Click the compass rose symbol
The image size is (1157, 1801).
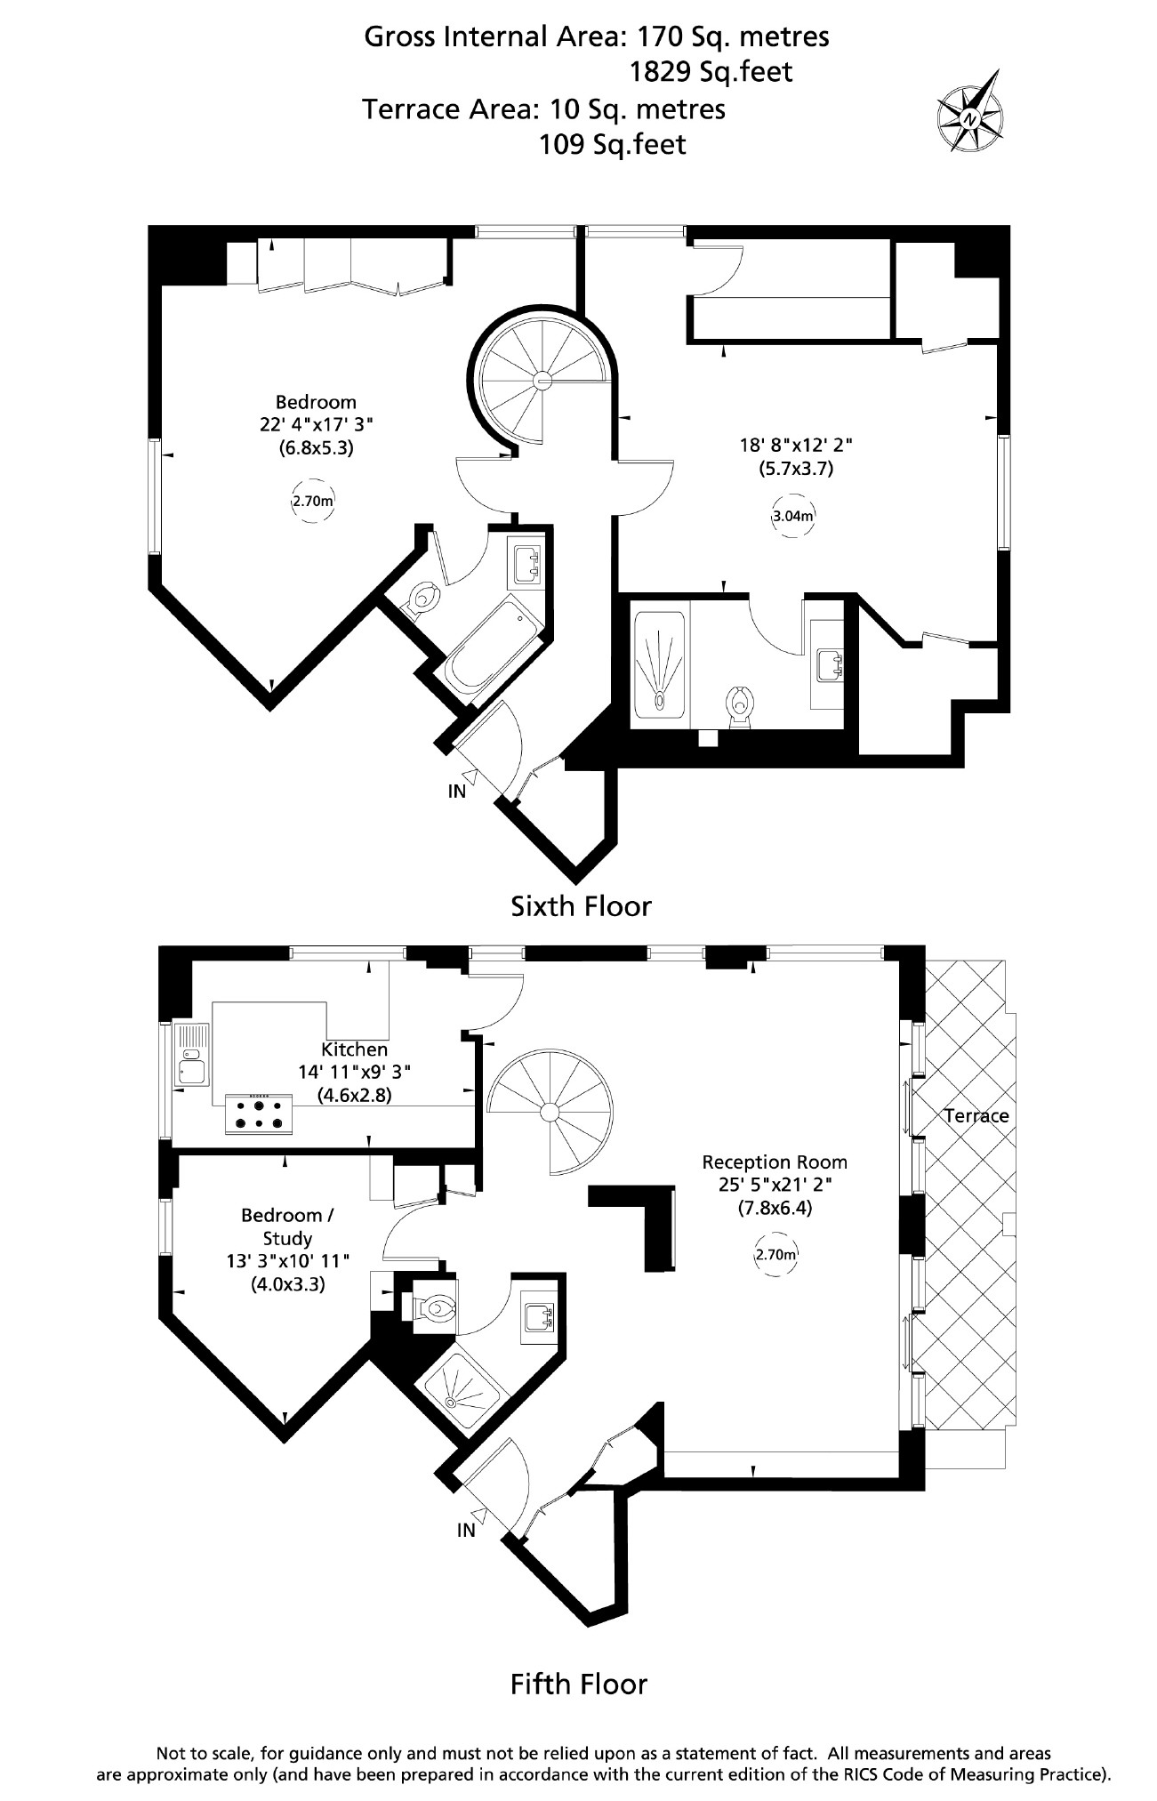point(970,117)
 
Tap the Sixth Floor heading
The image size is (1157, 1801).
point(581,906)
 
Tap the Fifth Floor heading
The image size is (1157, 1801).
point(578,1684)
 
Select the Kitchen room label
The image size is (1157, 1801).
point(355,1049)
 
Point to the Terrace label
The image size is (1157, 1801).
point(976,1115)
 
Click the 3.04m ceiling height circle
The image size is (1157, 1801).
point(792,516)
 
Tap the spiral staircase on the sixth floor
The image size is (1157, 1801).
point(542,381)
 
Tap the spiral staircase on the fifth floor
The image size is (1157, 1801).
point(550,1111)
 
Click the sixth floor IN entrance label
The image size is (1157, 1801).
point(457,791)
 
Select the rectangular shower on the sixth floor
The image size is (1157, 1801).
point(659,663)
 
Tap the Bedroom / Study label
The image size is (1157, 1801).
point(287,1226)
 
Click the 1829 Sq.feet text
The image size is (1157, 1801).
point(711,71)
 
